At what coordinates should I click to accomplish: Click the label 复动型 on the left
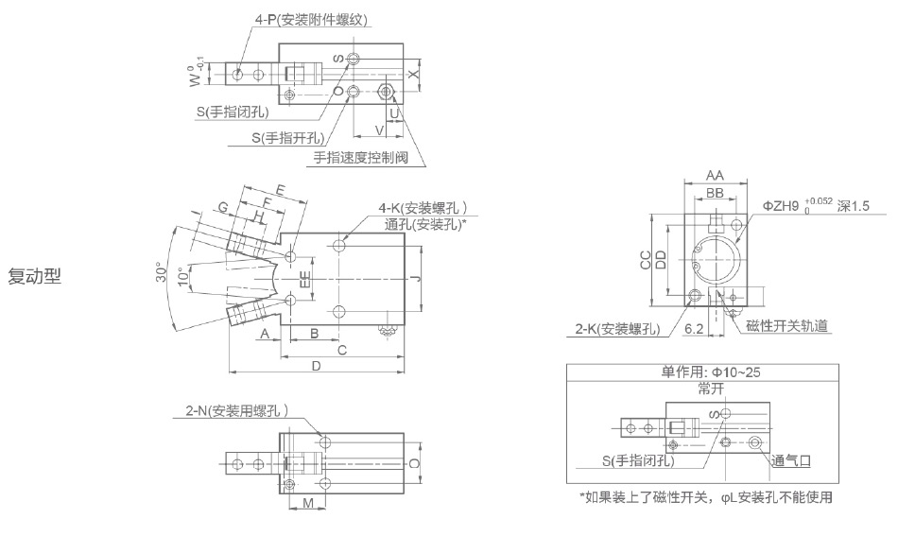pyautogui.click(x=35, y=277)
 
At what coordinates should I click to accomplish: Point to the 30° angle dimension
pyautogui.click(x=163, y=275)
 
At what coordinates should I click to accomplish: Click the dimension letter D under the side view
pyautogui.click(x=316, y=365)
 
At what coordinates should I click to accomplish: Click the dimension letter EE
pyautogui.click(x=304, y=279)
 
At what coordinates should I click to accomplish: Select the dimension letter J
pyautogui.click(x=416, y=278)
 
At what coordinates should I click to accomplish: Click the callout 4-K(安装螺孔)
pyautogui.click(x=423, y=209)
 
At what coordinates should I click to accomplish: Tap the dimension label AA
pyautogui.click(x=716, y=175)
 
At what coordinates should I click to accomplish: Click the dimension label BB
pyautogui.click(x=716, y=193)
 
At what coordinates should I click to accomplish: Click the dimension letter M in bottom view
pyautogui.click(x=308, y=503)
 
